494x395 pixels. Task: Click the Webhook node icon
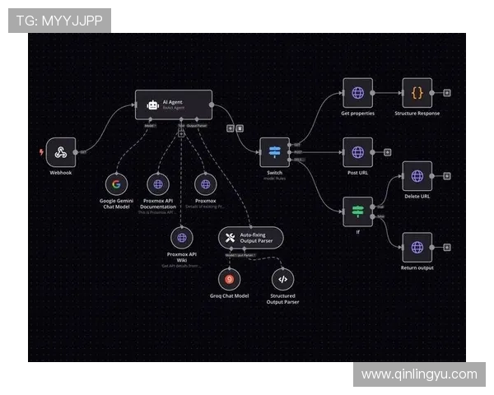(x=61, y=152)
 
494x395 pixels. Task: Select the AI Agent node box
(x=174, y=105)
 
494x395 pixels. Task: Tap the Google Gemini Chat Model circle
(x=116, y=185)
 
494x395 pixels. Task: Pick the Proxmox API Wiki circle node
(x=181, y=238)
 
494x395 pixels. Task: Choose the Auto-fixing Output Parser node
(x=251, y=238)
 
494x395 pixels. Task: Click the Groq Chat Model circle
(x=229, y=278)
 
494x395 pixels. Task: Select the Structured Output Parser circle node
(x=282, y=278)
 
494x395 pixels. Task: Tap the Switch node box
(x=274, y=152)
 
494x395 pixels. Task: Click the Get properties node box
(x=357, y=94)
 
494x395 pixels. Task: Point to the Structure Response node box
(x=417, y=94)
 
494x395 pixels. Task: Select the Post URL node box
(x=357, y=152)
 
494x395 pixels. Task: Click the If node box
(x=357, y=211)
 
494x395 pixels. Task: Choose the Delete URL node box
(x=417, y=176)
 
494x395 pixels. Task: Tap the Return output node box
(x=417, y=247)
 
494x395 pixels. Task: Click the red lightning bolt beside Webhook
(x=42, y=152)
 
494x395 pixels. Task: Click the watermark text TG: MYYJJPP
(x=59, y=20)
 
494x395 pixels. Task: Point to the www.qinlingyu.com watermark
(x=419, y=374)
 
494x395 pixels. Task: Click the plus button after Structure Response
(x=447, y=94)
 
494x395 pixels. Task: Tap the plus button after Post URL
(x=387, y=152)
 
